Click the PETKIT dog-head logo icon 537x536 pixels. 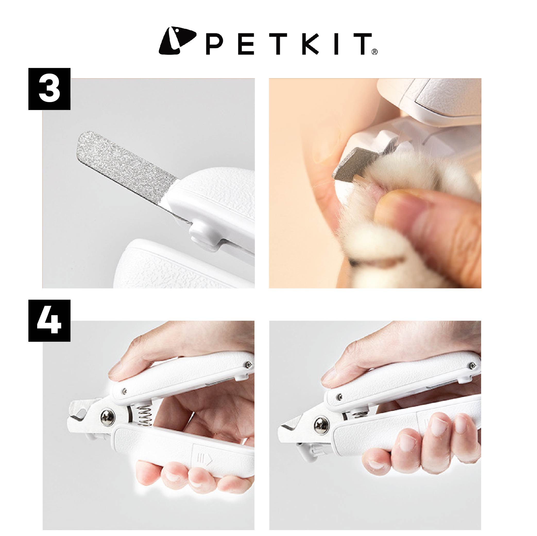[x=177, y=41]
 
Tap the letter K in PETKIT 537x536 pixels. [x=310, y=44]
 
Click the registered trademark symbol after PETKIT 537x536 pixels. [x=374, y=52]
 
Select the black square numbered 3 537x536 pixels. [x=49, y=89]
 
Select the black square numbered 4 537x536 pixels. [x=49, y=321]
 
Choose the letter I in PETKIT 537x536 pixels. [x=336, y=44]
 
